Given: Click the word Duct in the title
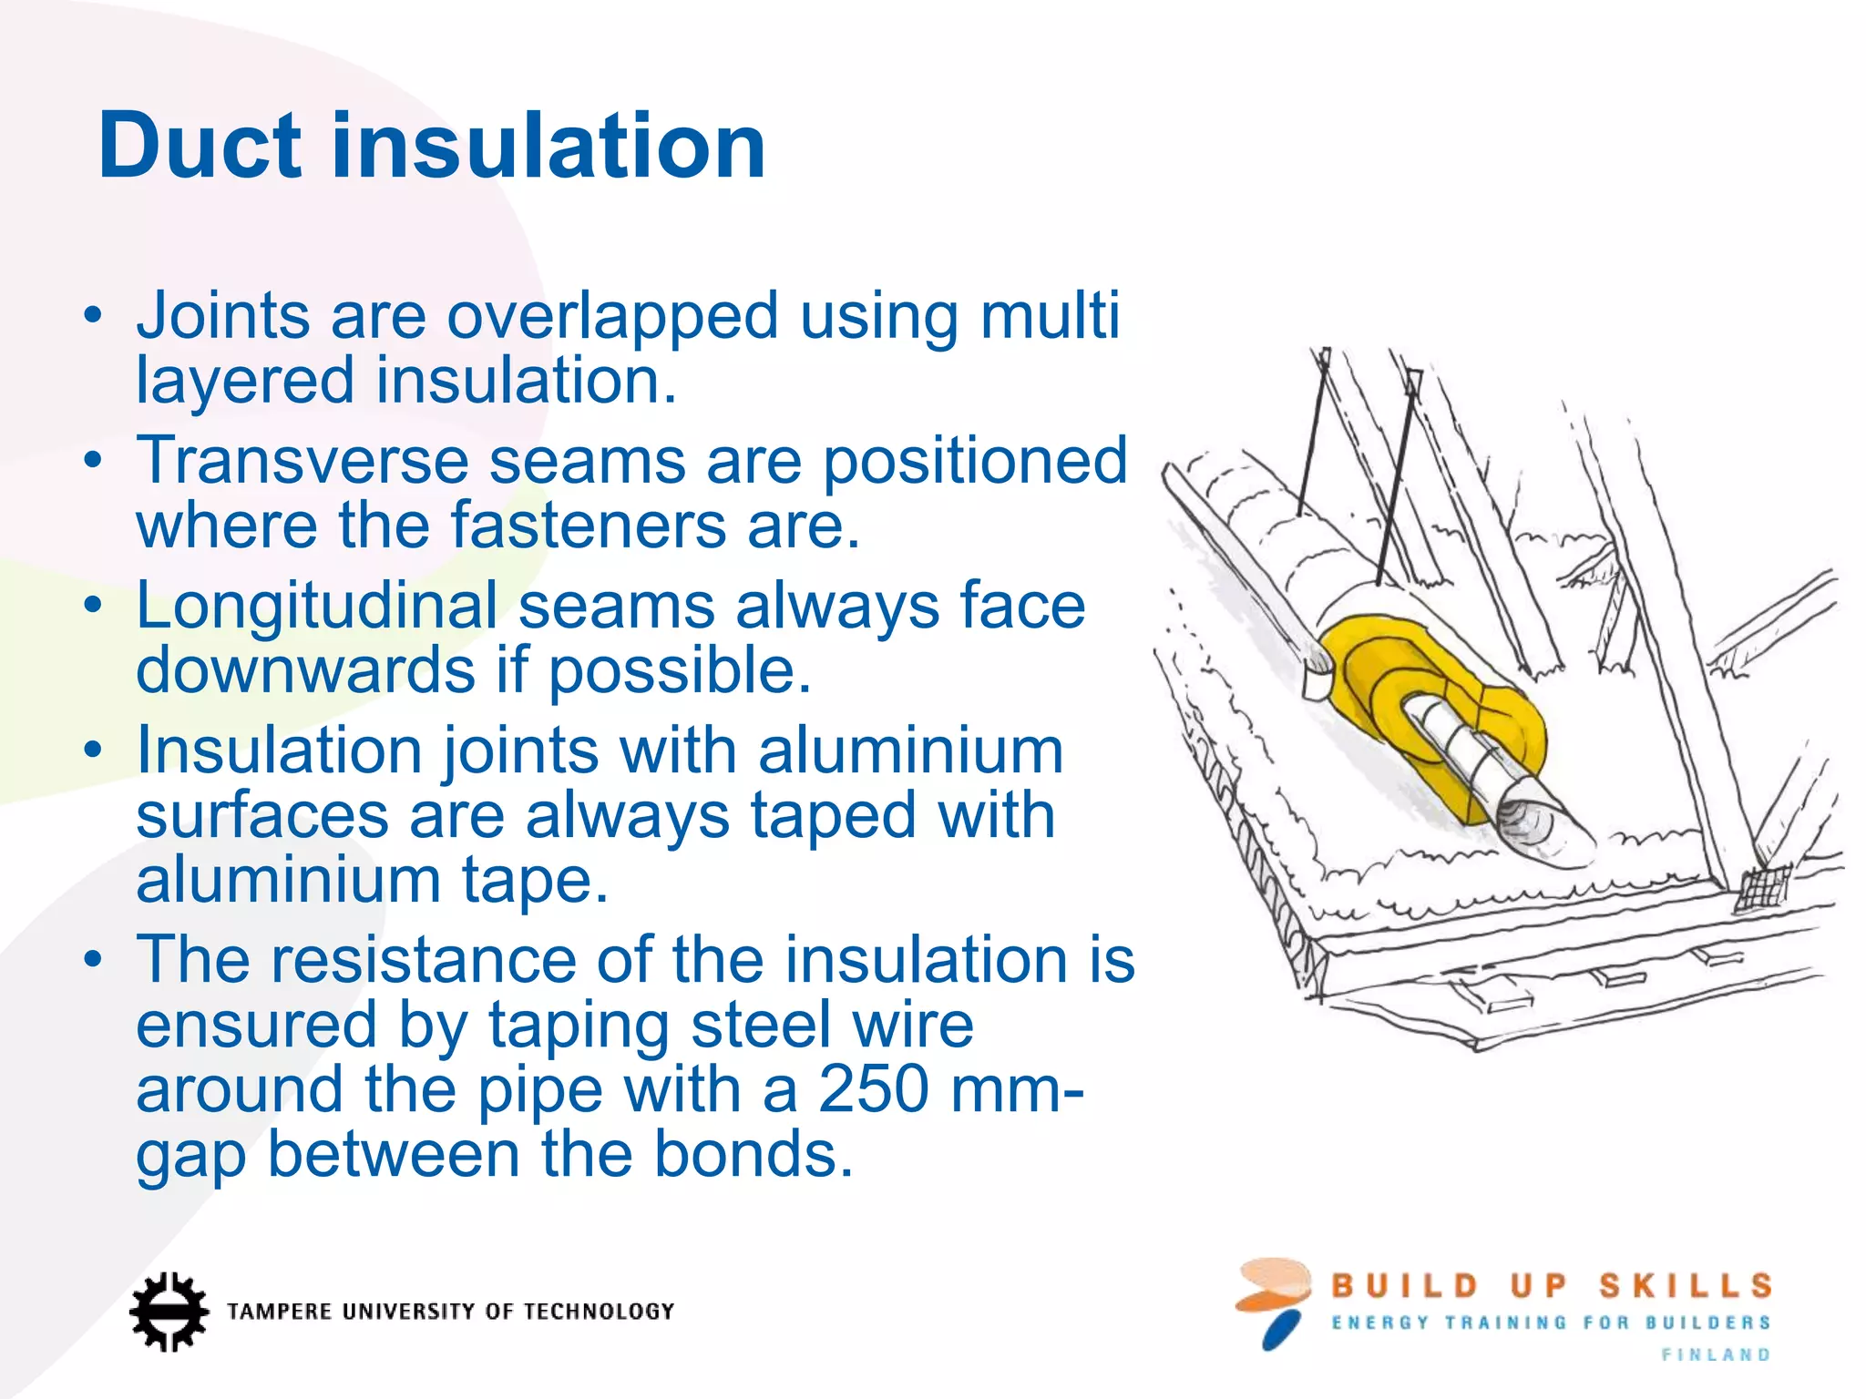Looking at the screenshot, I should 199,146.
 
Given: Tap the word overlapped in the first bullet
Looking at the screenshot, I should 612,317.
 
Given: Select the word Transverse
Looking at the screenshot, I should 302,461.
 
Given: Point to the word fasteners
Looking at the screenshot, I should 588,526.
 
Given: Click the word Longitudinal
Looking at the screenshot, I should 316,607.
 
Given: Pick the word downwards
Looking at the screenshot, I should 305,670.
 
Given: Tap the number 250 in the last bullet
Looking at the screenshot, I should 873,1089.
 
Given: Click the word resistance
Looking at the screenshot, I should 423,960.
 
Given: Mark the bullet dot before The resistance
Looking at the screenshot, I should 92,961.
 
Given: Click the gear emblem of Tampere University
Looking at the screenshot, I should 168,1312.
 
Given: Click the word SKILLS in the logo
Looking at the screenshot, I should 1686,1286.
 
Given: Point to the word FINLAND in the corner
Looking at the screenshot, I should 1716,1355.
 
